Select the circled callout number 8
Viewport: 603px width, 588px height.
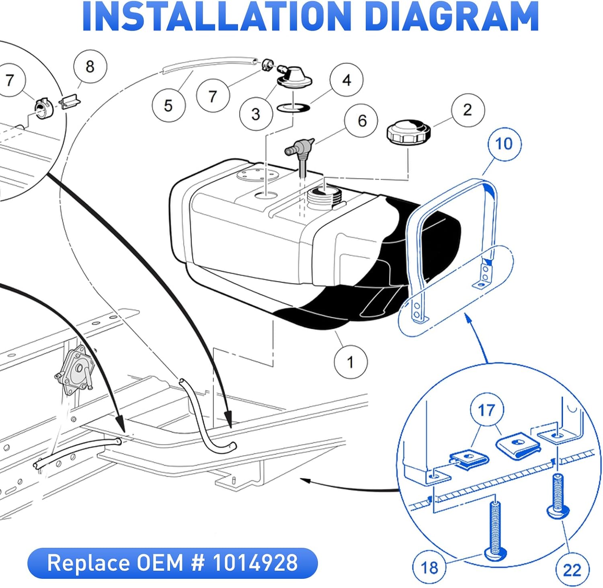(x=90, y=66)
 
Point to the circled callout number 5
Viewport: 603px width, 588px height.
(x=168, y=106)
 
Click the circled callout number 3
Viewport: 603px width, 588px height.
(x=256, y=114)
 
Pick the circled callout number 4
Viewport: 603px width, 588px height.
(x=347, y=80)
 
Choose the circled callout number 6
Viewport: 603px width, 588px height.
(x=362, y=121)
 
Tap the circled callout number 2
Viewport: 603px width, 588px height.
(x=468, y=110)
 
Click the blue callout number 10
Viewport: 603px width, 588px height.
(x=504, y=144)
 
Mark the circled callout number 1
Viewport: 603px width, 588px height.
(x=351, y=362)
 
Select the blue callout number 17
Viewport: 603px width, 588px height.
(x=486, y=410)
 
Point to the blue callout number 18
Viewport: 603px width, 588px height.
(x=429, y=568)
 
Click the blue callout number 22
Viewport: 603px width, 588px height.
(x=572, y=570)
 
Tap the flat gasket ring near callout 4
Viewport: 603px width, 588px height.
(x=293, y=107)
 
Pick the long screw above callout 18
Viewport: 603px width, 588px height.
(x=495, y=531)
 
